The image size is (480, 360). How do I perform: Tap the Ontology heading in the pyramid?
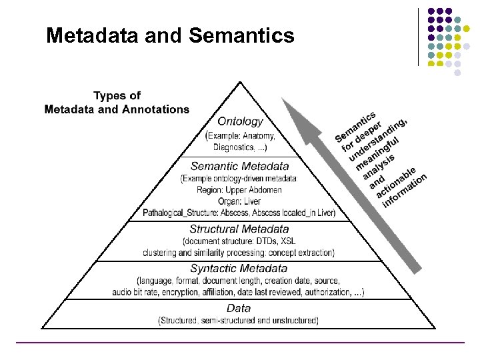240,122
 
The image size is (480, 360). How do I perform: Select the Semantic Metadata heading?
240,166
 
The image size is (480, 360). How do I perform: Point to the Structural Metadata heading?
239,229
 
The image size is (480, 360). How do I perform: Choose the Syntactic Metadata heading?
238,269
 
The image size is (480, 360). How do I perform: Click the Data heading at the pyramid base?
239,308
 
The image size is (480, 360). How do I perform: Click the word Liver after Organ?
251,201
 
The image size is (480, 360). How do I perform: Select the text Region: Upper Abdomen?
239,190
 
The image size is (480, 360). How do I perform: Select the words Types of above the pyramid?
117,96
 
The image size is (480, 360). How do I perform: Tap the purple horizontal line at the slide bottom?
240,343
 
